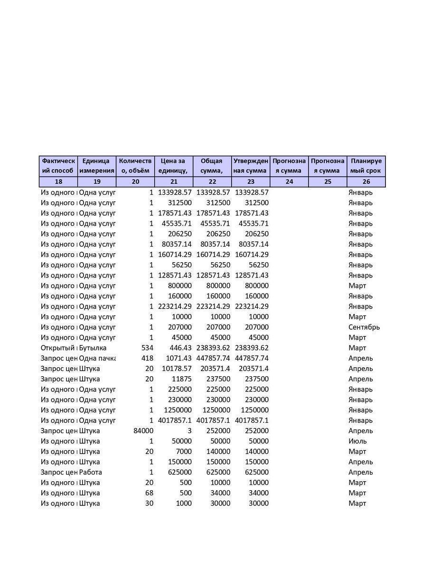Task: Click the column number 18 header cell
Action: [x=58, y=181]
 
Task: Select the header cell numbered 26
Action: [x=366, y=181]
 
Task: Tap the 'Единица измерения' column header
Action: [x=97, y=166]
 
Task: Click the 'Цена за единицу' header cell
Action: [x=174, y=166]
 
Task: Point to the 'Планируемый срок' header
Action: [x=366, y=166]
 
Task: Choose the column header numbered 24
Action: [x=289, y=181]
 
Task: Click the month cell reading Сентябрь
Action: [x=364, y=327]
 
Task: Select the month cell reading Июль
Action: [x=357, y=441]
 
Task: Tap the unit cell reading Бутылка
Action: [x=93, y=348]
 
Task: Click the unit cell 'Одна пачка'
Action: [x=97, y=358]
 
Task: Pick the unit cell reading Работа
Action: [x=91, y=472]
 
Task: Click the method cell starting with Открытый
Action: [x=58, y=348]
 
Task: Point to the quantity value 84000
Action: [x=143, y=431]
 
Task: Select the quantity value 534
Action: [x=147, y=348]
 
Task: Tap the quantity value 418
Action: [x=147, y=358]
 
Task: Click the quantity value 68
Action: [x=149, y=493]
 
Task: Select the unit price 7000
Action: [x=183, y=451]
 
